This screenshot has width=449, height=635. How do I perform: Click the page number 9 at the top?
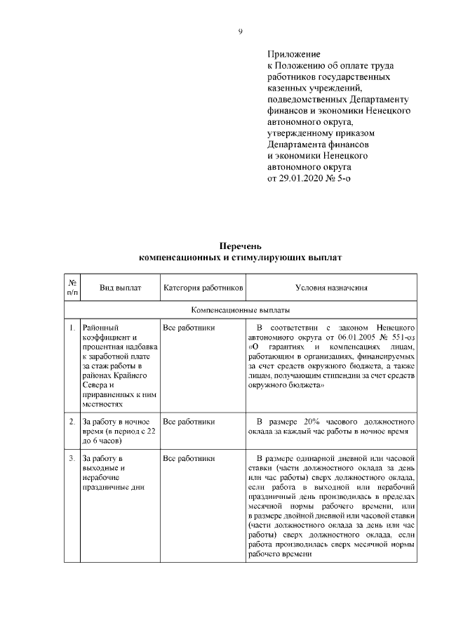click(x=239, y=32)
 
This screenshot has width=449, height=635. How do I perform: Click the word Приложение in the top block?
click(x=293, y=54)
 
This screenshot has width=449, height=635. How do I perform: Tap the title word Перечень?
click(x=240, y=247)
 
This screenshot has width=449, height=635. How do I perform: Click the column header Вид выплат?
click(x=120, y=288)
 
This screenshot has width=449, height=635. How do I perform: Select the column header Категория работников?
click(x=203, y=288)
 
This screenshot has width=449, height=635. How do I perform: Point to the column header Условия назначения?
click(x=331, y=288)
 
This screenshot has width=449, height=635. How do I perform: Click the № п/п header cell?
click(x=72, y=288)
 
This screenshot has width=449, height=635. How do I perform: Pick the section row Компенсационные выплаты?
click(x=241, y=309)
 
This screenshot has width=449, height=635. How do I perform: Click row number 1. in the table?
click(x=72, y=328)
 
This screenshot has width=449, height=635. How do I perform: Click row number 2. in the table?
click(x=72, y=422)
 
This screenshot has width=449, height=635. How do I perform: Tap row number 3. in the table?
click(x=72, y=458)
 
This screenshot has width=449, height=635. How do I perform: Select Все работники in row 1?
click(x=189, y=328)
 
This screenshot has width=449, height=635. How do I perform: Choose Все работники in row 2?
click(x=189, y=422)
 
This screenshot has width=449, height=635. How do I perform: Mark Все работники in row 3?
click(x=189, y=458)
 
